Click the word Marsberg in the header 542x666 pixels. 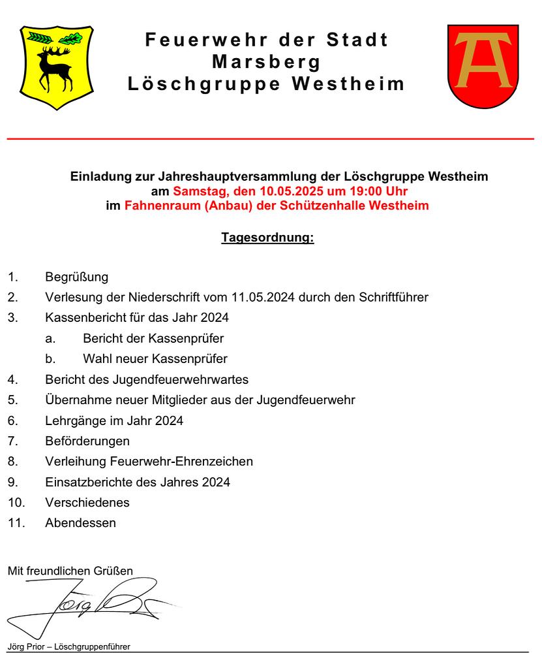pyautogui.click(x=266, y=62)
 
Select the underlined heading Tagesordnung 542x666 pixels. pyautogui.click(x=267, y=238)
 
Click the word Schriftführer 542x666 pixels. pyautogui.click(x=394, y=297)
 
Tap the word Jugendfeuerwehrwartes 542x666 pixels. pyautogui.click(x=181, y=379)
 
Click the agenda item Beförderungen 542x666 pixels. pyautogui.click(x=87, y=441)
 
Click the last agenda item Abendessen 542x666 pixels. pyautogui.click(x=80, y=523)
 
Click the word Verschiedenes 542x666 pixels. pyautogui.click(x=87, y=503)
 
